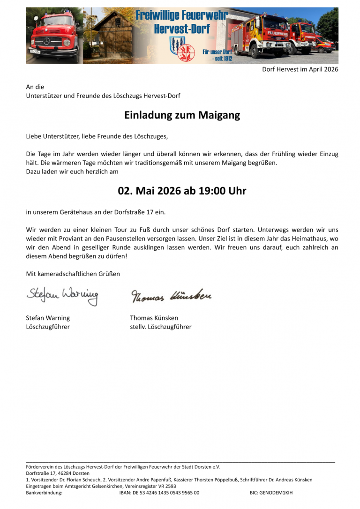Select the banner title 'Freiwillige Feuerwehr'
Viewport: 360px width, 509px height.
point(182,15)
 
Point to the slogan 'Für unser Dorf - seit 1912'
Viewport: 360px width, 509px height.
point(217,55)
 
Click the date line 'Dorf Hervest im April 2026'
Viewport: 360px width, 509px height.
point(300,69)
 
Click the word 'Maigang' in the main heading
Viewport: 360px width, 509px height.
point(219,115)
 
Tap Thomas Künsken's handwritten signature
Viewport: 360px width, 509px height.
point(171,296)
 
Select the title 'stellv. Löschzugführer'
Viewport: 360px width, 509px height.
point(161,327)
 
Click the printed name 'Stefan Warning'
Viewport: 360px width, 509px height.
point(48,318)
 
